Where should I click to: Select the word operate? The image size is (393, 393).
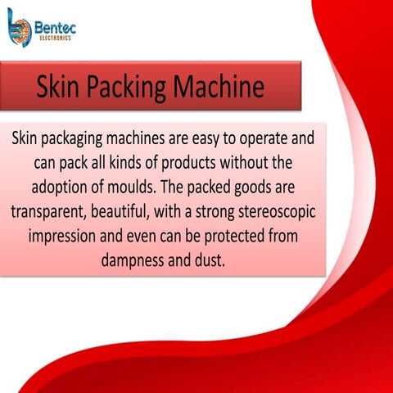point(260,138)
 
